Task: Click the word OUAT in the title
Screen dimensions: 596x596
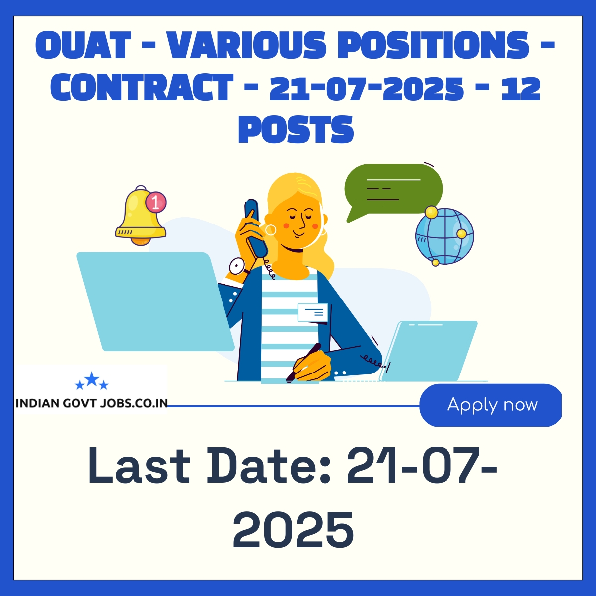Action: pyautogui.click(x=83, y=44)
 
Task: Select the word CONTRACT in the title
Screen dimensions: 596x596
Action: pyautogui.click(x=142, y=87)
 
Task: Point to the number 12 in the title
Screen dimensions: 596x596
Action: pyautogui.click(x=520, y=87)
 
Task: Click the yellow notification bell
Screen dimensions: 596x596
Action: pyautogui.click(x=141, y=216)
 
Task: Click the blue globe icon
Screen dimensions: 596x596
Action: pyautogui.click(x=445, y=236)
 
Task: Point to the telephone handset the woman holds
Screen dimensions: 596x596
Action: pyautogui.click(x=255, y=228)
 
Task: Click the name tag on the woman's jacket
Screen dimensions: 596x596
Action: pyautogui.click(x=313, y=312)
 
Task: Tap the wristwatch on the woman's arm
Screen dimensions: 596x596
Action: pyautogui.click(x=237, y=267)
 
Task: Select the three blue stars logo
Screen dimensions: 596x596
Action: pyautogui.click(x=92, y=381)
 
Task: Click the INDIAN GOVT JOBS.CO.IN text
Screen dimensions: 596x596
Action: pyautogui.click(x=92, y=403)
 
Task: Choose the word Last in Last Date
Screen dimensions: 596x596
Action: pyautogui.click(x=139, y=465)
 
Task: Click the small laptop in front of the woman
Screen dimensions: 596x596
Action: pyautogui.click(x=428, y=351)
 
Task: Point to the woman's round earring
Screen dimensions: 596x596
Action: pyautogui.click(x=271, y=230)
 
